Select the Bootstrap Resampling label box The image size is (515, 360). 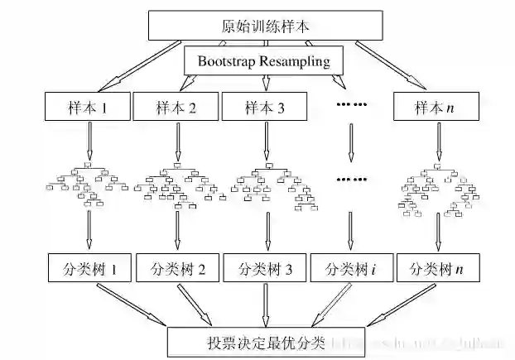[264, 60]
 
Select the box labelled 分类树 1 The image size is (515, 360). [88, 269]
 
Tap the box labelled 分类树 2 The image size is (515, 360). [176, 269]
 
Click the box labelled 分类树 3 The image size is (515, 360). [265, 269]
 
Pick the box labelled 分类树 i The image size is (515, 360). [351, 269]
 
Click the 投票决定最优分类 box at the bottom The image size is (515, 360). [265, 340]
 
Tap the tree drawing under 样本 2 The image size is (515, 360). [176, 186]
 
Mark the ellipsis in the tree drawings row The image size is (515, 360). [351, 179]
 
